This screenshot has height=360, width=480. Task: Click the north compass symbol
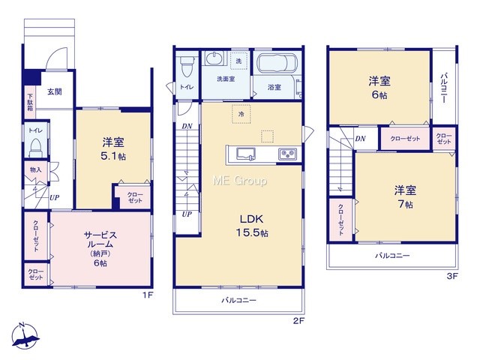pyautogui.click(x=25, y=336)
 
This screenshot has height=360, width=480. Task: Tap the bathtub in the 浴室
pyautogui.click(x=277, y=63)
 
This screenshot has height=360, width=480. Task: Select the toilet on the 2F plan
pyautogui.click(x=186, y=66)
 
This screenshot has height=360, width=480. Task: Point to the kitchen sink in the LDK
pyautogui.click(x=245, y=153)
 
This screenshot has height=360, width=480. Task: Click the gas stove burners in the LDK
pyautogui.click(x=287, y=154)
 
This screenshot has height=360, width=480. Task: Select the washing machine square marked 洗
pyautogui.click(x=238, y=61)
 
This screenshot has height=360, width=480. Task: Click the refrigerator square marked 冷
pyautogui.click(x=241, y=114)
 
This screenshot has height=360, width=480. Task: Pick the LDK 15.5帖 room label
pyautogui.click(x=252, y=226)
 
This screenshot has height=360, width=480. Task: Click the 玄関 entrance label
pyautogui.click(x=55, y=91)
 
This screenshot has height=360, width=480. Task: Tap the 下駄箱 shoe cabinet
pyautogui.click(x=30, y=102)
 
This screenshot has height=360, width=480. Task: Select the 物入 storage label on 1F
pyautogui.click(x=35, y=169)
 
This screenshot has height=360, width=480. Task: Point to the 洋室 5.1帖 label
pyautogui.click(x=113, y=149)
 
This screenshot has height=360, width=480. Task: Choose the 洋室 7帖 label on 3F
pyautogui.click(x=405, y=196)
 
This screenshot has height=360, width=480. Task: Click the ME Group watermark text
pyautogui.click(x=240, y=181)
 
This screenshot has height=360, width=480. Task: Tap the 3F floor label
pyautogui.click(x=452, y=277)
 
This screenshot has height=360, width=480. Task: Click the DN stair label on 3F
pyautogui.click(x=360, y=139)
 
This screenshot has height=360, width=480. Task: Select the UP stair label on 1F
pyautogui.click(x=54, y=198)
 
